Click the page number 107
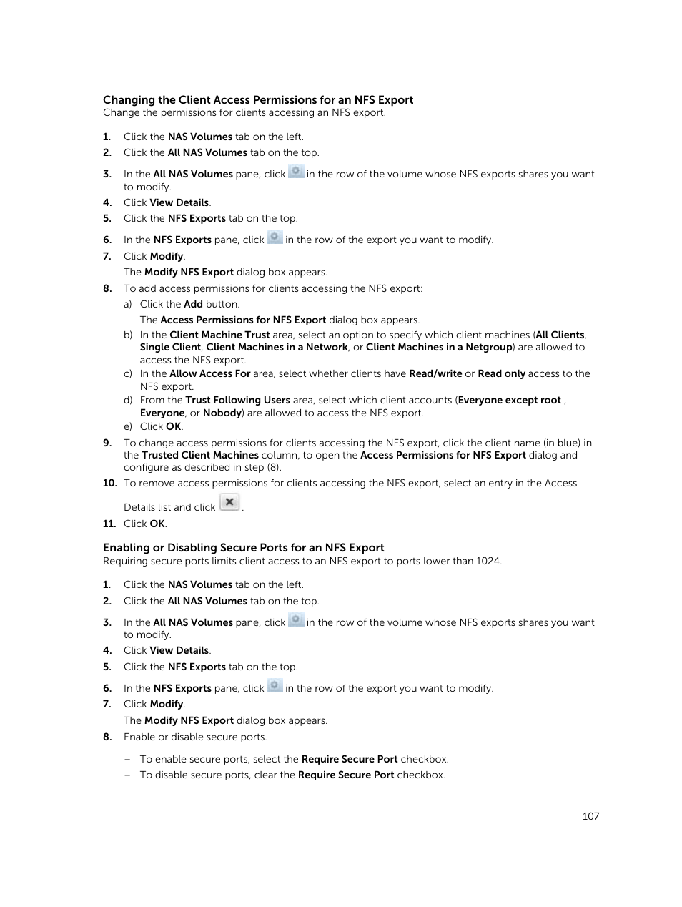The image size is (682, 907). [x=590, y=816]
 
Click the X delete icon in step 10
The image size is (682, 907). [x=229, y=502]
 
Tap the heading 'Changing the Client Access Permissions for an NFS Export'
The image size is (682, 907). [x=257, y=100]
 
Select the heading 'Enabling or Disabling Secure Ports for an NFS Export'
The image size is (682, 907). [x=243, y=548]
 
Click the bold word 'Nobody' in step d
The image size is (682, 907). [x=222, y=413]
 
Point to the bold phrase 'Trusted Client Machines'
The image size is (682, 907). [x=200, y=455]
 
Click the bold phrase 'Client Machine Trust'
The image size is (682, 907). [x=219, y=335]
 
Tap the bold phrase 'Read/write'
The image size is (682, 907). [x=435, y=373]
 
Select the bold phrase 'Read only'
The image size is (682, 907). [x=501, y=373]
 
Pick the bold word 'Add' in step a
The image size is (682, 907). [x=193, y=304]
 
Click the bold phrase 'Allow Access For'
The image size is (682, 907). [x=209, y=373]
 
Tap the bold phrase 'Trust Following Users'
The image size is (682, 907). [x=237, y=400]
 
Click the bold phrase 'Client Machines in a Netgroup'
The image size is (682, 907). [x=439, y=347]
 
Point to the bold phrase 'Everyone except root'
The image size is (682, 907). [x=510, y=400]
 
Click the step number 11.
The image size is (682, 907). [x=109, y=524]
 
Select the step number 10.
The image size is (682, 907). [x=109, y=483]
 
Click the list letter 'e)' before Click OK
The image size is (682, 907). [x=128, y=426]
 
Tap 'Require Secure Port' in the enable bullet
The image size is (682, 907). [x=350, y=759]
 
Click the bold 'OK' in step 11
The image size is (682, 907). [x=157, y=524]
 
